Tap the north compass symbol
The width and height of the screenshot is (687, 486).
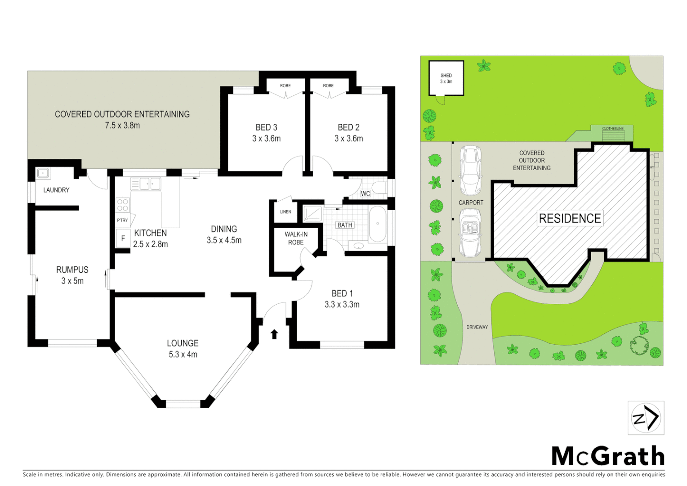coord(646,418)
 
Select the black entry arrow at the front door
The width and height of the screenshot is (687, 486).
coord(274,334)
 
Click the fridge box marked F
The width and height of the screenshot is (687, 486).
coord(123,238)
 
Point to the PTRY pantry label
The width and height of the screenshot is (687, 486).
coord(122,220)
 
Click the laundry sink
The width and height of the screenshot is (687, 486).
coord(43,173)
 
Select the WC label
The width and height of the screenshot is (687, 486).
coord(366,193)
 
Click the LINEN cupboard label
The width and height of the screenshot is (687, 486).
coord(286,211)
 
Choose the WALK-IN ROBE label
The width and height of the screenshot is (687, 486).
coord(296,238)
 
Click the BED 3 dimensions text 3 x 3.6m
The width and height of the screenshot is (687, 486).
coord(266,139)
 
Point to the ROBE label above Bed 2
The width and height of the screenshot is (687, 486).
coord(328,85)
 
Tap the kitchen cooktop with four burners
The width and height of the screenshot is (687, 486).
coord(123,205)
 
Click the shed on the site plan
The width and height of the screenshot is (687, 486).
coord(446,78)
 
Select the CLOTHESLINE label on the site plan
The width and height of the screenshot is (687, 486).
coord(613,129)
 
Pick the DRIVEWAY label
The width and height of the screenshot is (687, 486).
coord(477,327)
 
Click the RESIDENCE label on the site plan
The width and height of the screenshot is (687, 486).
coord(570,218)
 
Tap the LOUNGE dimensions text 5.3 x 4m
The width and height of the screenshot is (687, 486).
coord(183,355)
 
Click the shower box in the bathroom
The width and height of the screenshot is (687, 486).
coord(312,213)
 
